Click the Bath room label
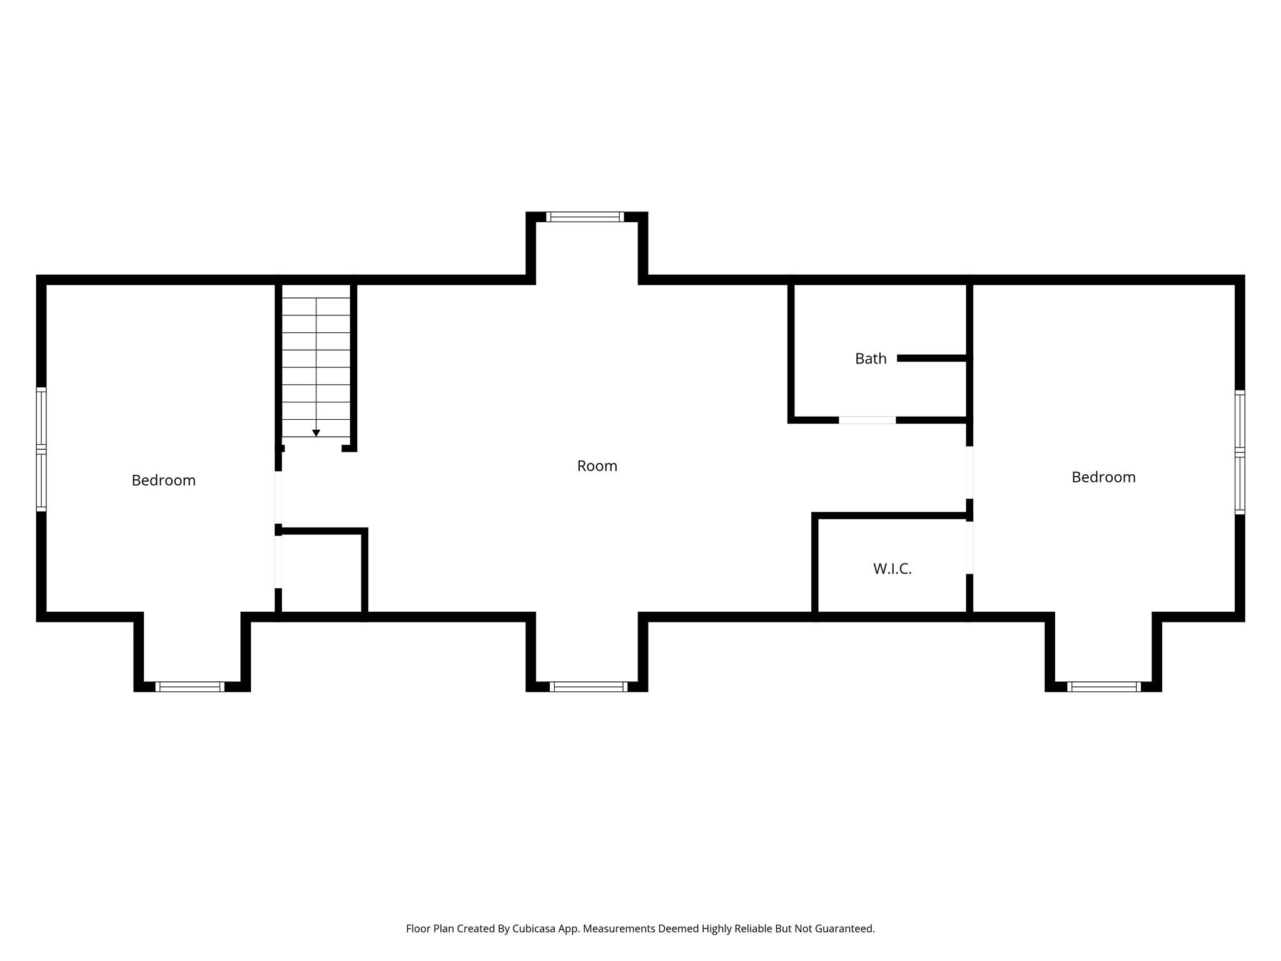[x=870, y=358]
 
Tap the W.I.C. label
[x=892, y=569]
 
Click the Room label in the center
[x=597, y=466]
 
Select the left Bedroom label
[x=163, y=480]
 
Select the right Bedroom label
[x=1103, y=477]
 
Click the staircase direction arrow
[x=316, y=433]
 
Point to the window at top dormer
[x=585, y=217]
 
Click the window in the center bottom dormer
[x=588, y=686]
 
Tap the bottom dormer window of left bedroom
[x=190, y=686]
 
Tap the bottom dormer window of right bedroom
[x=1103, y=686]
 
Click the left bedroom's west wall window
[x=41, y=449]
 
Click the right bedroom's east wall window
[x=1239, y=452]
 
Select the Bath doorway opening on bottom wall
[x=867, y=420]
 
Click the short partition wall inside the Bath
[x=932, y=358]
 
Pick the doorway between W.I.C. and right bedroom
[x=970, y=547]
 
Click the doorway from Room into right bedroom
[x=970, y=472]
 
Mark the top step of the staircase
[x=316, y=291]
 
